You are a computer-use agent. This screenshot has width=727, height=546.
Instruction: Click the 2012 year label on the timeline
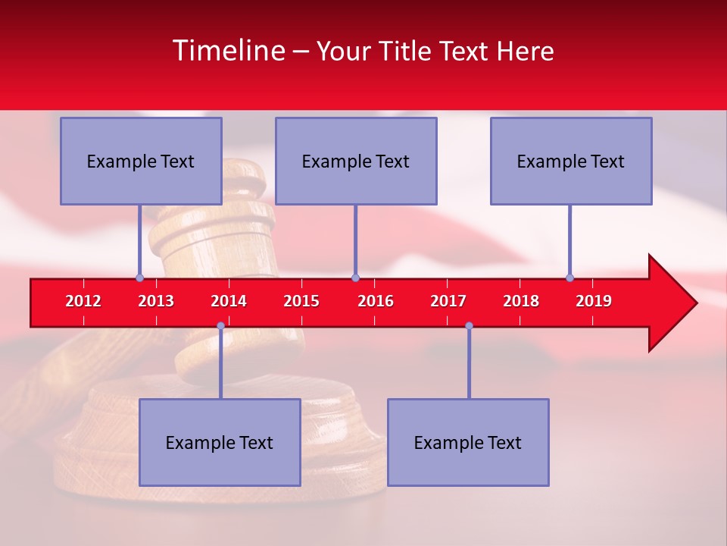[x=83, y=301]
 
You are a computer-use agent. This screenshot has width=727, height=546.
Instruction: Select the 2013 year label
[x=156, y=301]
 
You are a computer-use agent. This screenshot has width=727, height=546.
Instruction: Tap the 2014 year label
[x=229, y=301]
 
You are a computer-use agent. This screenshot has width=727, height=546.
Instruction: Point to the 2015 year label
[x=301, y=301]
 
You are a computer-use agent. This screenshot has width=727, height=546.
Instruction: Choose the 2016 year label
[x=376, y=301]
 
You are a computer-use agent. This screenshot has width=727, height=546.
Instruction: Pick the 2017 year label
[x=448, y=301]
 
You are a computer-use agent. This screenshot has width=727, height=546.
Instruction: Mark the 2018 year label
[x=521, y=301]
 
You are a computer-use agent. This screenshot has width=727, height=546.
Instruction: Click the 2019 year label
[x=594, y=301]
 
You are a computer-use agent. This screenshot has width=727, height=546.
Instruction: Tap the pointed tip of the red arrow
[x=694, y=303]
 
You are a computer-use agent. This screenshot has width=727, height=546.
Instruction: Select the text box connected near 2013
[x=141, y=161]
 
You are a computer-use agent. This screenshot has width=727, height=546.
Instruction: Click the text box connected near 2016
[x=356, y=161]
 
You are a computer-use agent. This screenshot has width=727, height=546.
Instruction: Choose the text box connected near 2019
[x=571, y=161]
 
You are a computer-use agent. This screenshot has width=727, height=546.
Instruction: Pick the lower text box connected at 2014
[x=220, y=442]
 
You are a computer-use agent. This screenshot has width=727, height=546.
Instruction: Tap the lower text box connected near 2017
[x=468, y=442]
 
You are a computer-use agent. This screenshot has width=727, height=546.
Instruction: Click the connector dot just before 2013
[x=139, y=278]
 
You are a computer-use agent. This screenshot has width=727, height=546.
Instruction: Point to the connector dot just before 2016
[x=355, y=278]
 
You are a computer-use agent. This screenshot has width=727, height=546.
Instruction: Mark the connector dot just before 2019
[x=569, y=278]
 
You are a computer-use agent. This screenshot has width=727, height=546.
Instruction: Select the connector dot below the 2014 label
[x=220, y=325]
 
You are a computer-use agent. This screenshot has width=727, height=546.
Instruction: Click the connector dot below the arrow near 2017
[x=469, y=325]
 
